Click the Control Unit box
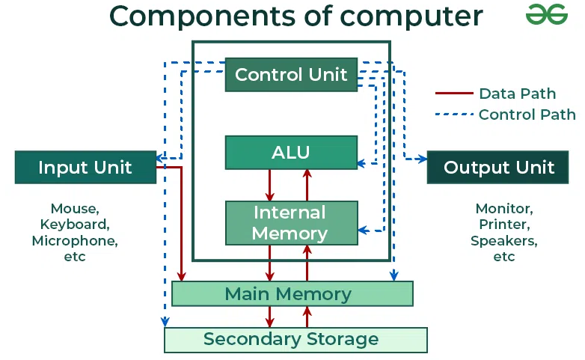click(291, 75)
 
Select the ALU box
click(291, 153)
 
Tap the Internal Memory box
click(291, 223)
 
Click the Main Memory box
click(291, 293)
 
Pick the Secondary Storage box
click(295, 340)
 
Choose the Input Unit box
click(85, 167)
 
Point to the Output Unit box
click(499, 167)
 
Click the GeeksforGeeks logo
click(547, 14)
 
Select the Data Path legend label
click(518, 94)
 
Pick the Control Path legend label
click(527, 115)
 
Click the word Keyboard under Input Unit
click(75, 225)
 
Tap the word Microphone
click(75, 241)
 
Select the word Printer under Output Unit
click(503, 225)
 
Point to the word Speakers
click(503, 241)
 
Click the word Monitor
click(503, 208)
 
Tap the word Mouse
click(75, 208)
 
